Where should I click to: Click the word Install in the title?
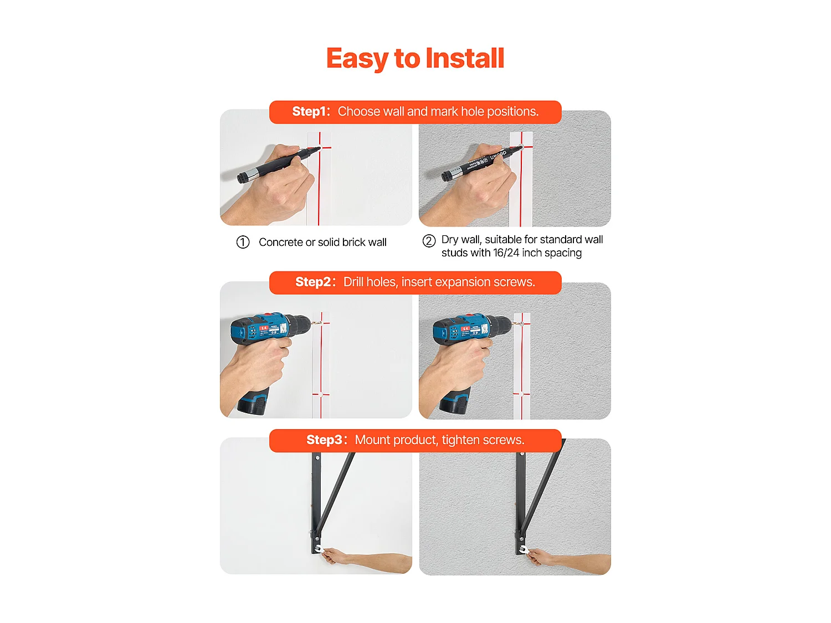pyautogui.click(x=465, y=58)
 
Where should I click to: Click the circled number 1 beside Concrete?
pyautogui.click(x=243, y=242)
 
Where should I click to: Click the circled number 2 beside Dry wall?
pyautogui.click(x=429, y=241)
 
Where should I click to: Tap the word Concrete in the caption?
pyautogui.click(x=281, y=242)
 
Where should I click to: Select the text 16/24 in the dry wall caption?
pyautogui.click(x=506, y=253)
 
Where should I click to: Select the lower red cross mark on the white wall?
pyautogui.click(x=321, y=394)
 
